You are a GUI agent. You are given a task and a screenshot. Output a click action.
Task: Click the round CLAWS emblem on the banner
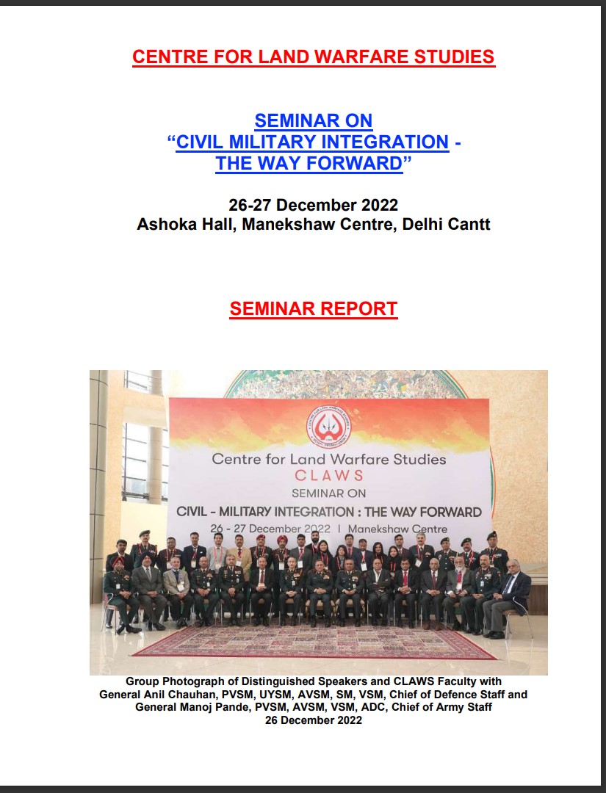point(329,427)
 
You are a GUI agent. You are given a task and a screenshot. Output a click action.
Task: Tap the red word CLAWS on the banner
point(329,475)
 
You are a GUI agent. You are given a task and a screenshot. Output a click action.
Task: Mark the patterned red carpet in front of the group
point(314,642)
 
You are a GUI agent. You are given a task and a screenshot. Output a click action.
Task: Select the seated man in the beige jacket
point(177,590)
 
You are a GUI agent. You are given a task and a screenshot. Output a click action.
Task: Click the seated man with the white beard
point(457,592)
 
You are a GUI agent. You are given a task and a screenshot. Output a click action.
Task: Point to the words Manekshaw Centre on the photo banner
point(397,529)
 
